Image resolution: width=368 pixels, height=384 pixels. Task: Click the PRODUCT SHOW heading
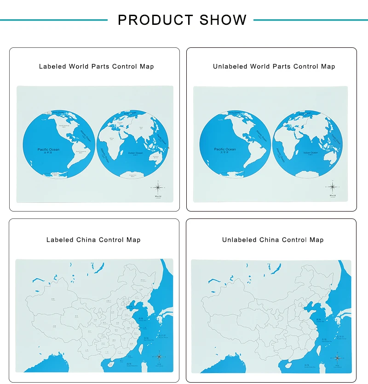[182, 20]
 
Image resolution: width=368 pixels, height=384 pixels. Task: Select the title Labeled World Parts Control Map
[96, 67]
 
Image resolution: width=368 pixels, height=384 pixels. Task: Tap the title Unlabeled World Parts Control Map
[274, 67]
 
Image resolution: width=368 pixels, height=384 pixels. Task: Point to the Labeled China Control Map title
[93, 240]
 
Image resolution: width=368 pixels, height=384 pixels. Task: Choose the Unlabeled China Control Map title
[273, 240]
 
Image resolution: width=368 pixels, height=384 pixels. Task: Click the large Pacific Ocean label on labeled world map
[48, 149]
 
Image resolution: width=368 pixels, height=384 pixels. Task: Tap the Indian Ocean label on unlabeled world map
[310, 153]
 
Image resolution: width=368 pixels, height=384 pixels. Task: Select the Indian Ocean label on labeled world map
[135, 153]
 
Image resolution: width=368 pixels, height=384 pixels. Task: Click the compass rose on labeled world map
[158, 187]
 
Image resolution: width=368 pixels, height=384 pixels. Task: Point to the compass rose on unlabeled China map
[337, 357]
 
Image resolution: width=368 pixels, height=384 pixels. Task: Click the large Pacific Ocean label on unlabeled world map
[224, 149]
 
